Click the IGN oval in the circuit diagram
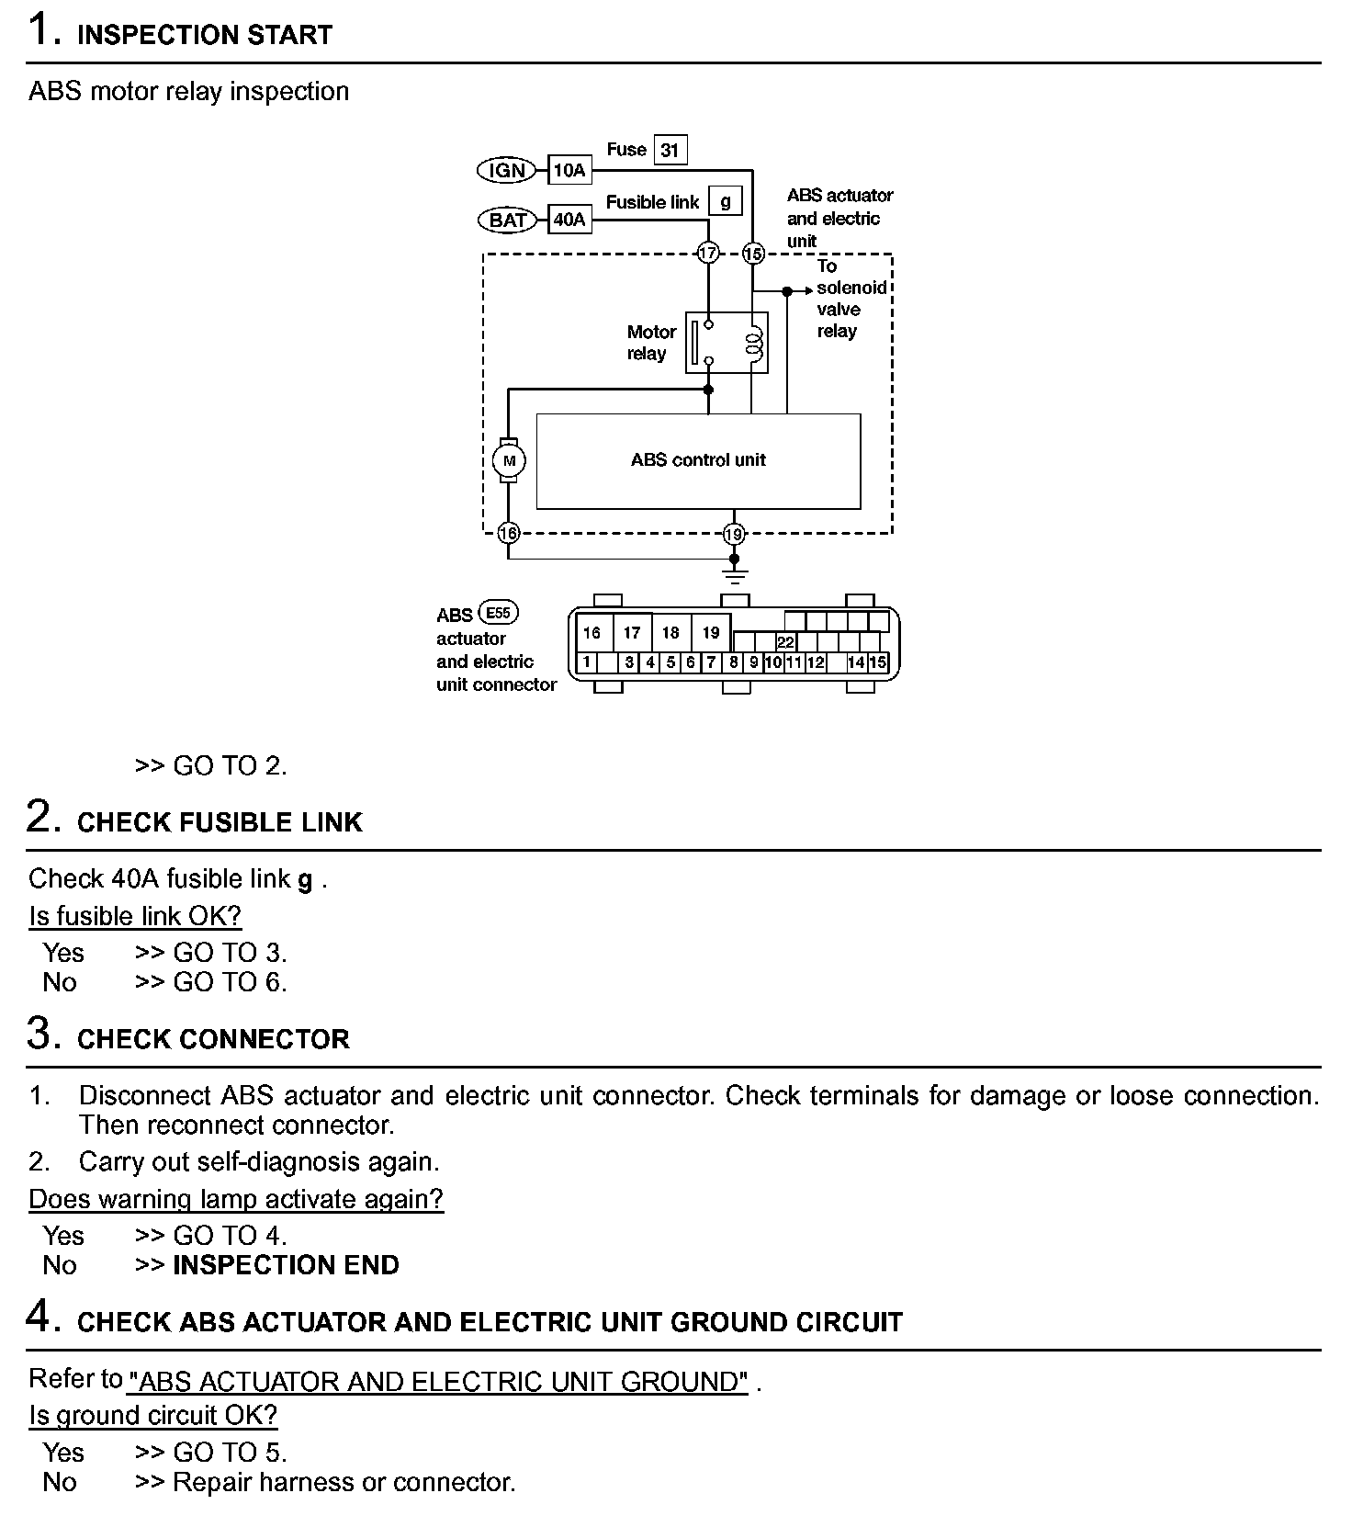click(506, 170)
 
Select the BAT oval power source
click(507, 221)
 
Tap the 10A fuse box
click(569, 170)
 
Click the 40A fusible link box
click(569, 220)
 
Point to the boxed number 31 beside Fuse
click(670, 150)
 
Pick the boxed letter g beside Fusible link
click(725, 201)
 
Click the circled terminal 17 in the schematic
click(707, 253)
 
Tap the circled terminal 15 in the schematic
click(752, 254)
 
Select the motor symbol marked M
click(509, 460)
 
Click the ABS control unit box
click(698, 460)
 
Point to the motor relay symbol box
click(727, 343)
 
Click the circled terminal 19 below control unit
click(733, 534)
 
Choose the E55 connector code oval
click(498, 613)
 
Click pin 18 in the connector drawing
click(670, 633)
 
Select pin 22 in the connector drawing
click(785, 642)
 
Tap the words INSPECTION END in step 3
click(286, 1265)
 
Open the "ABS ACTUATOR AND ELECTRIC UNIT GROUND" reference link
click(439, 1382)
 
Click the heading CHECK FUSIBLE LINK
click(220, 822)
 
